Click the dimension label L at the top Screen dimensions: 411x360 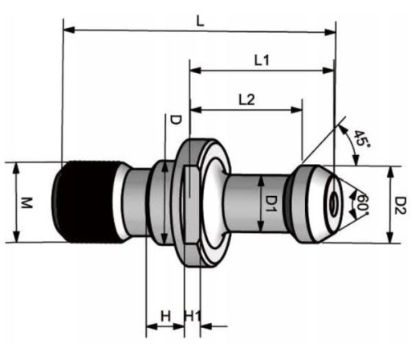(200, 21)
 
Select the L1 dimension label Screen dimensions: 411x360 (262, 61)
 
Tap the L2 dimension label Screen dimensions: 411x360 (246, 100)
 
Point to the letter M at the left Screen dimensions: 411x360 (26, 202)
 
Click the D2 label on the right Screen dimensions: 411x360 (401, 205)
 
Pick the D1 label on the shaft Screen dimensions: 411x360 (271, 203)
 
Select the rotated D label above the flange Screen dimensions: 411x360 (176, 120)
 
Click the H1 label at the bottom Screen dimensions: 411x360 (193, 316)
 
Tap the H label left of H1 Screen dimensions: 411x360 (165, 316)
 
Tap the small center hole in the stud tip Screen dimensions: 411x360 (333, 203)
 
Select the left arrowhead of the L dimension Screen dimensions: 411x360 (69, 29)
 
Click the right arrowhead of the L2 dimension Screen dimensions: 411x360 (297, 109)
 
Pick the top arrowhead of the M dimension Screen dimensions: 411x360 (17, 168)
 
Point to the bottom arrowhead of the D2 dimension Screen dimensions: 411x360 (390, 237)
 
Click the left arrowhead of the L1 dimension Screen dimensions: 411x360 (195, 71)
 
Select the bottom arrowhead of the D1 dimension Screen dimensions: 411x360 (261, 226)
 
